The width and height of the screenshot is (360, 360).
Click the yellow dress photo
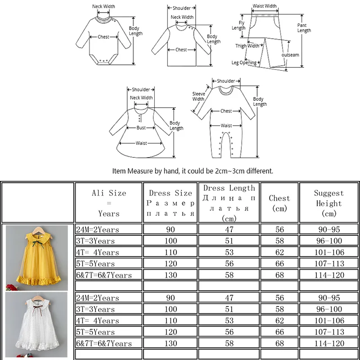[x=37, y=257]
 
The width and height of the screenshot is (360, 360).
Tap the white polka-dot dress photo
[x=37, y=324]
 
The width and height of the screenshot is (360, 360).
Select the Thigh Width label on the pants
[x=247, y=45]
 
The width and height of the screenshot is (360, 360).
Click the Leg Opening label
[x=244, y=63]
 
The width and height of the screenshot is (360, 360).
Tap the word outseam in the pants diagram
[x=290, y=54]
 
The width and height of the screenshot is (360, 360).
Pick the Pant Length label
[x=304, y=28]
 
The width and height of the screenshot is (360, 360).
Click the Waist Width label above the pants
[x=265, y=6]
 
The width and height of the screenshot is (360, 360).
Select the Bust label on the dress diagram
[x=141, y=128]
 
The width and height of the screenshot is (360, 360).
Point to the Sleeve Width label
[x=198, y=96]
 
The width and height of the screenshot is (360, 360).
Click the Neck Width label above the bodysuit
[x=103, y=6]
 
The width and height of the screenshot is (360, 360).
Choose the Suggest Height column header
[x=328, y=203]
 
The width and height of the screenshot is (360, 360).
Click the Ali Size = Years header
[x=108, y=203]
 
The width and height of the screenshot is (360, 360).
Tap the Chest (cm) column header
[x=279, y=203]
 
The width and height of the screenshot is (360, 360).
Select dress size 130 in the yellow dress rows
[x=171, y=274]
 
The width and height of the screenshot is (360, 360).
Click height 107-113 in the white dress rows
[x=328, y=332]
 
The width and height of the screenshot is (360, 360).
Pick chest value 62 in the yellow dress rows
[x=279, y=252]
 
